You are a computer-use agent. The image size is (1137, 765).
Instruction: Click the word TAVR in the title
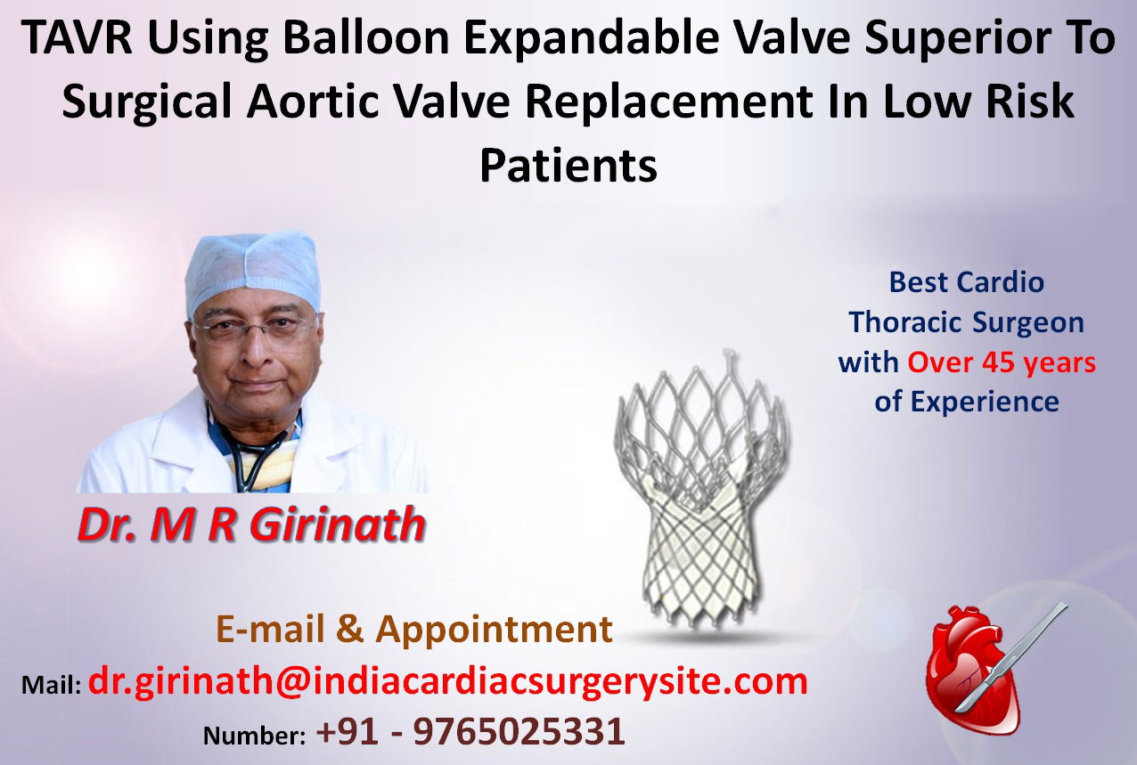76,37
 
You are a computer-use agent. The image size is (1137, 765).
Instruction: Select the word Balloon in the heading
366,37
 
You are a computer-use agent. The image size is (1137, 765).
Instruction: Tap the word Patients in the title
568,166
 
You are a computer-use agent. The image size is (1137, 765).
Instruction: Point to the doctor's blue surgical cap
253,272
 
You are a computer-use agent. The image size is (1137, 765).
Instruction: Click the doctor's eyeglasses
256,329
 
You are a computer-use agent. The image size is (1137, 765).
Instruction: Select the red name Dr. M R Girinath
251,525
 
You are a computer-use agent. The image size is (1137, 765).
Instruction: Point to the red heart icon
972,671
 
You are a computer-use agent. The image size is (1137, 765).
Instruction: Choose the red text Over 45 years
1002,363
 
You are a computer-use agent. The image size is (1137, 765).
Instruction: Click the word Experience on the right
985,402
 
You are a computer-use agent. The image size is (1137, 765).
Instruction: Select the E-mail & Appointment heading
414,629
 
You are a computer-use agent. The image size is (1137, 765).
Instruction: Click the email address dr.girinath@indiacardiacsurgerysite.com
447,682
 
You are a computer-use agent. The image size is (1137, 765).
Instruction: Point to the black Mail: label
51,685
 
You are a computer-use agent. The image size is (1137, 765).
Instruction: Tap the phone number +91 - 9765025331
470,731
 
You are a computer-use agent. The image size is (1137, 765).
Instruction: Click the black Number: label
254,736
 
